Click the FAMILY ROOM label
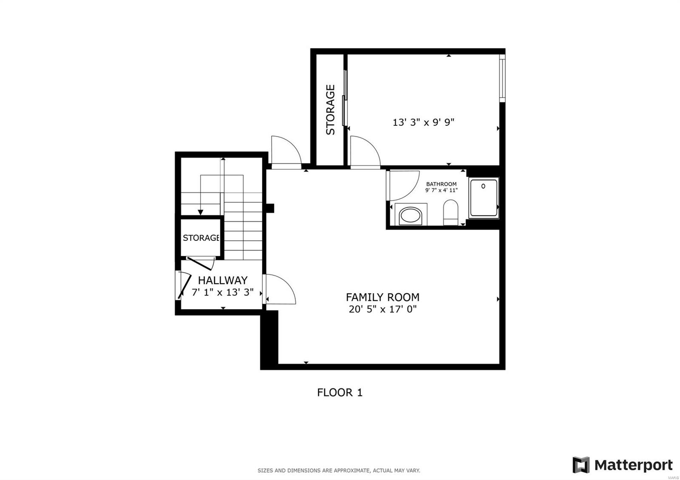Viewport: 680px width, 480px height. pyautogui.click(x=382, y=297)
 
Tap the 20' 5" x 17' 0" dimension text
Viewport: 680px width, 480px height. pyautogui.click(x=382, y=309)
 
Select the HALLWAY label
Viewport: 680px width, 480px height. pyautogui.click(x=223, y=280)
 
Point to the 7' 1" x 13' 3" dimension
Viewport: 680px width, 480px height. pyautogui.click(x=223, y=292)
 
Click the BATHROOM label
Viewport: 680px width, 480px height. pyautogui.click(x=441, y=184)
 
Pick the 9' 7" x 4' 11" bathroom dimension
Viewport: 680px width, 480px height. pyautogui.click(x=441, y=190)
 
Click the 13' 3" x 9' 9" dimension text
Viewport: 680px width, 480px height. pyautogui.click(x=423, y=122)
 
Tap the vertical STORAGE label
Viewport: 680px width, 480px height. pyautogui.click(x=330, y=110)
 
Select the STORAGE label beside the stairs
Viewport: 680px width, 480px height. pyautogui.click(x=201, y=237)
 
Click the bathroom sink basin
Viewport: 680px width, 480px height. pyautogui.click(x=411, y=216)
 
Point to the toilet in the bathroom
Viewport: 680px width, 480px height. pyautogui.click(x=450, y=212)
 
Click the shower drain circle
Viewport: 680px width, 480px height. pyautogui.click(x=483, y=186)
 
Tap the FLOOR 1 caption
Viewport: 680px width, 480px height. pyautogui.click(x=340, y=392)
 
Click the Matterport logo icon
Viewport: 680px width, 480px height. pyautogui.click(x=581, y=465)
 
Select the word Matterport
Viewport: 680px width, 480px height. pyautogui.click(x=634, y=465)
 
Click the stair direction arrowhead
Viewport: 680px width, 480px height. pyautogui.click(x=200, y=212)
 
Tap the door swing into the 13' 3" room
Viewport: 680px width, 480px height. pyautogui.click(x=365, y=152)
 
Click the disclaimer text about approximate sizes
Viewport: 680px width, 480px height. pyautogui.click(x=339, y=471)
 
